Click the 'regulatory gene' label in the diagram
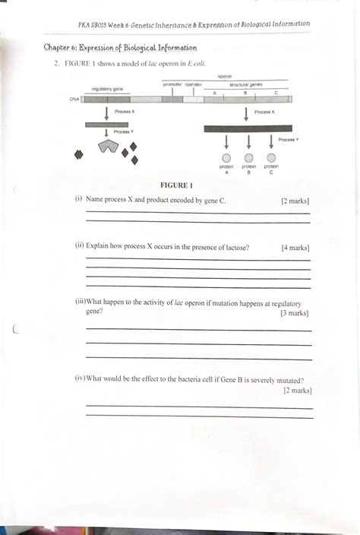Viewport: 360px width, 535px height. pos(107,89)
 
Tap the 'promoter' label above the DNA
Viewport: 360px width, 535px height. pos(172,84)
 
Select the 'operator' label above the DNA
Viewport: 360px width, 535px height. pos(193,84)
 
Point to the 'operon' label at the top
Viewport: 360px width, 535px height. pos(225,77)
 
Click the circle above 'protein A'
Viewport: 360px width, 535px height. pos(226,157)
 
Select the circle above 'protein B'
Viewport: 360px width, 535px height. pos(248,157)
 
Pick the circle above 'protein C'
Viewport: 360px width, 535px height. pos(271,157)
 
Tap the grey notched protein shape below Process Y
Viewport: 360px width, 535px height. pos(109,146)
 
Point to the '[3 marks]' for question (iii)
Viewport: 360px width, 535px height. pos(294,312)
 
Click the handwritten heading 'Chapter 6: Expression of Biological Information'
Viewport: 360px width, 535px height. pos(120,48)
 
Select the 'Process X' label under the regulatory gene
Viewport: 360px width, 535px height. pos(124,111)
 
